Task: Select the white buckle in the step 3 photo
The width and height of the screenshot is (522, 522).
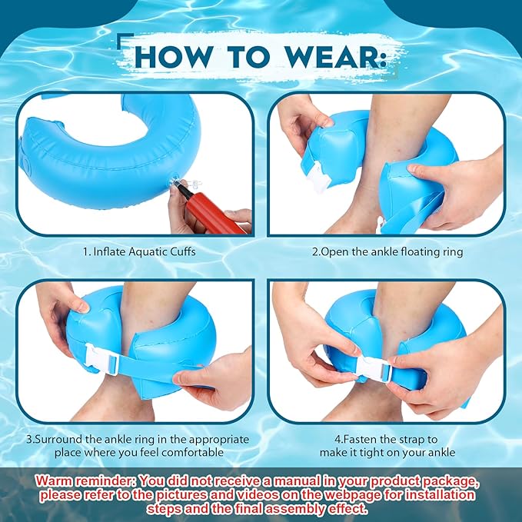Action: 101,359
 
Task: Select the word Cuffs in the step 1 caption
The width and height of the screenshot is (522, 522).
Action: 183,251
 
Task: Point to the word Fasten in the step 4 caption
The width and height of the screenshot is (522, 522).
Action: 361,440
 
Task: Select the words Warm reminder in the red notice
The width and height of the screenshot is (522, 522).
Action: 85,481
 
